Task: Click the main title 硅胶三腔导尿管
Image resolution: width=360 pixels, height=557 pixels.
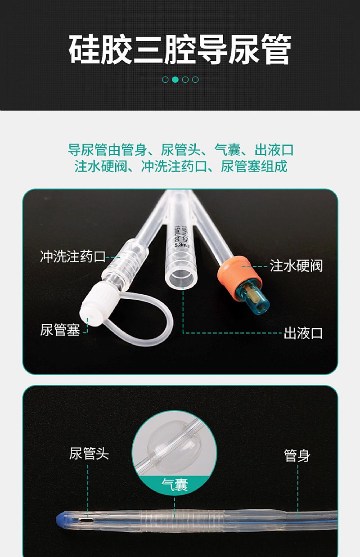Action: (180, 49)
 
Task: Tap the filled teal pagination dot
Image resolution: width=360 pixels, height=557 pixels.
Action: (175, 80)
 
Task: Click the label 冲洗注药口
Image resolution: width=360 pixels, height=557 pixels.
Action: (73, 256)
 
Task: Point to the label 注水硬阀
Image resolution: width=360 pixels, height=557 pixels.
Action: (296, 266)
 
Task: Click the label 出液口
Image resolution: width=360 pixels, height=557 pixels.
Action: (303, 333)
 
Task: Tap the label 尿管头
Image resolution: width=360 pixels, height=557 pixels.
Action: (89, 454)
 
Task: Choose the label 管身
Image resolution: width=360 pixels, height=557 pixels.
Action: (297, 456)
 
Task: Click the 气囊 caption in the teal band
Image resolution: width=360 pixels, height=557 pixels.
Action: (175, 485)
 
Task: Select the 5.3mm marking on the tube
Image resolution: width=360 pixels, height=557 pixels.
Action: (182, 245)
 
